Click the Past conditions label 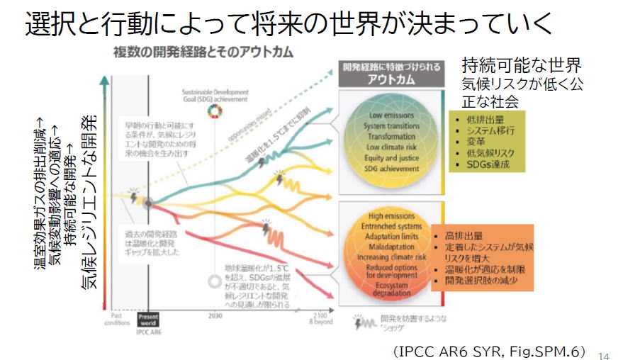point(117,317)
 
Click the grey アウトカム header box point(390,74)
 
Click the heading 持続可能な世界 point(522,66)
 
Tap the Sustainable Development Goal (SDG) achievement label point(215,96)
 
